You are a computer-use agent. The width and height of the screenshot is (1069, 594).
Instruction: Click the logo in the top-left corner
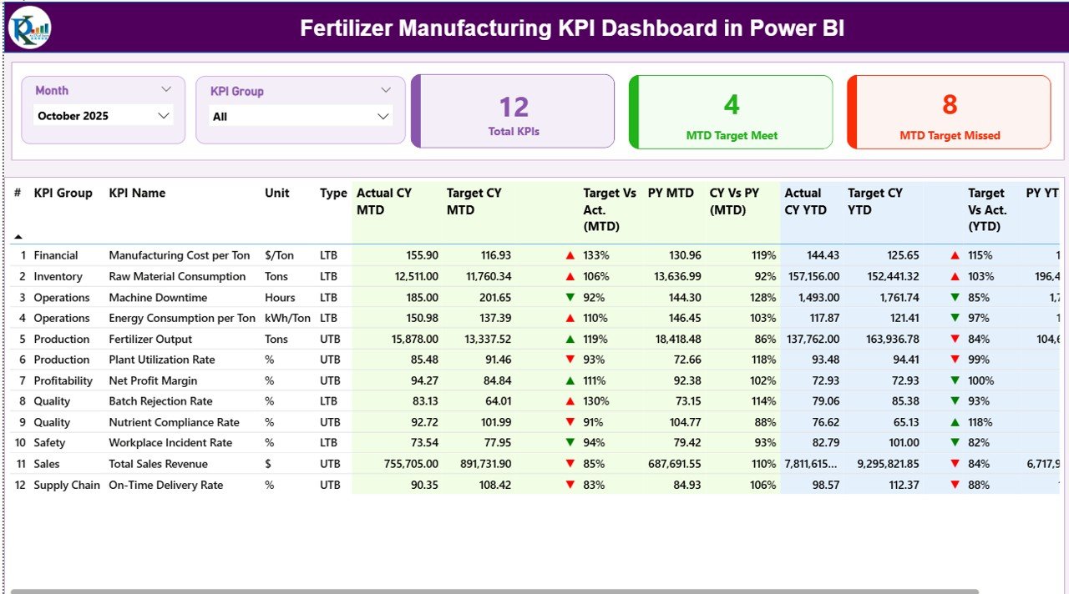[x=29, y=28]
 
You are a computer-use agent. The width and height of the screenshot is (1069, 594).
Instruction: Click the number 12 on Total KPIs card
[x=514, y=107]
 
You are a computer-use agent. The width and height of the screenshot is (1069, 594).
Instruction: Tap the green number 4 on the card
[x=731, y=105]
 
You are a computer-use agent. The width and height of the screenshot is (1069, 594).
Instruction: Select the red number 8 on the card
[x=950, y=105]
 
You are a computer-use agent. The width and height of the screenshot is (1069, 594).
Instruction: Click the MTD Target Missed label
[x=950, y=135]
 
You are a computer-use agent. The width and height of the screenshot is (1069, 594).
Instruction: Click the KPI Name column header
[x=137, y=193]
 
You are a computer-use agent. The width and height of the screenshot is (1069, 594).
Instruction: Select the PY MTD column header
[x=671, y=193]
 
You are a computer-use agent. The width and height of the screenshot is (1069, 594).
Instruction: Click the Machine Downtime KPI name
[x=157, y=297]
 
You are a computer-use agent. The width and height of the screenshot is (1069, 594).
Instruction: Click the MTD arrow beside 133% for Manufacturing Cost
[x=570, y=255]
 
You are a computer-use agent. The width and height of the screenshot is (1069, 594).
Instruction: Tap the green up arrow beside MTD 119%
[x=570, y=339]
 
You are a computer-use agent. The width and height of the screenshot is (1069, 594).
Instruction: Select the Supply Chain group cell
[x=67, y=485]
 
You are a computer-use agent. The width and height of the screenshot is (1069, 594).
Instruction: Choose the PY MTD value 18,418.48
[x=673, y=339]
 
